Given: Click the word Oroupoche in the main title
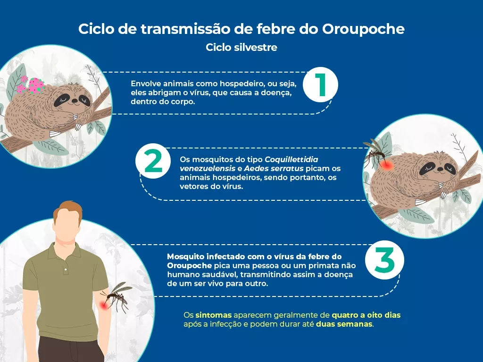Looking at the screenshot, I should pos(363,29).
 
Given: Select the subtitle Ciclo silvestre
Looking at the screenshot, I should pos(241,48).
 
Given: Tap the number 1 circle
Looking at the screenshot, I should pos(320,85).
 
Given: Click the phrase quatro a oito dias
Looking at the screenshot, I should pos(366,315).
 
